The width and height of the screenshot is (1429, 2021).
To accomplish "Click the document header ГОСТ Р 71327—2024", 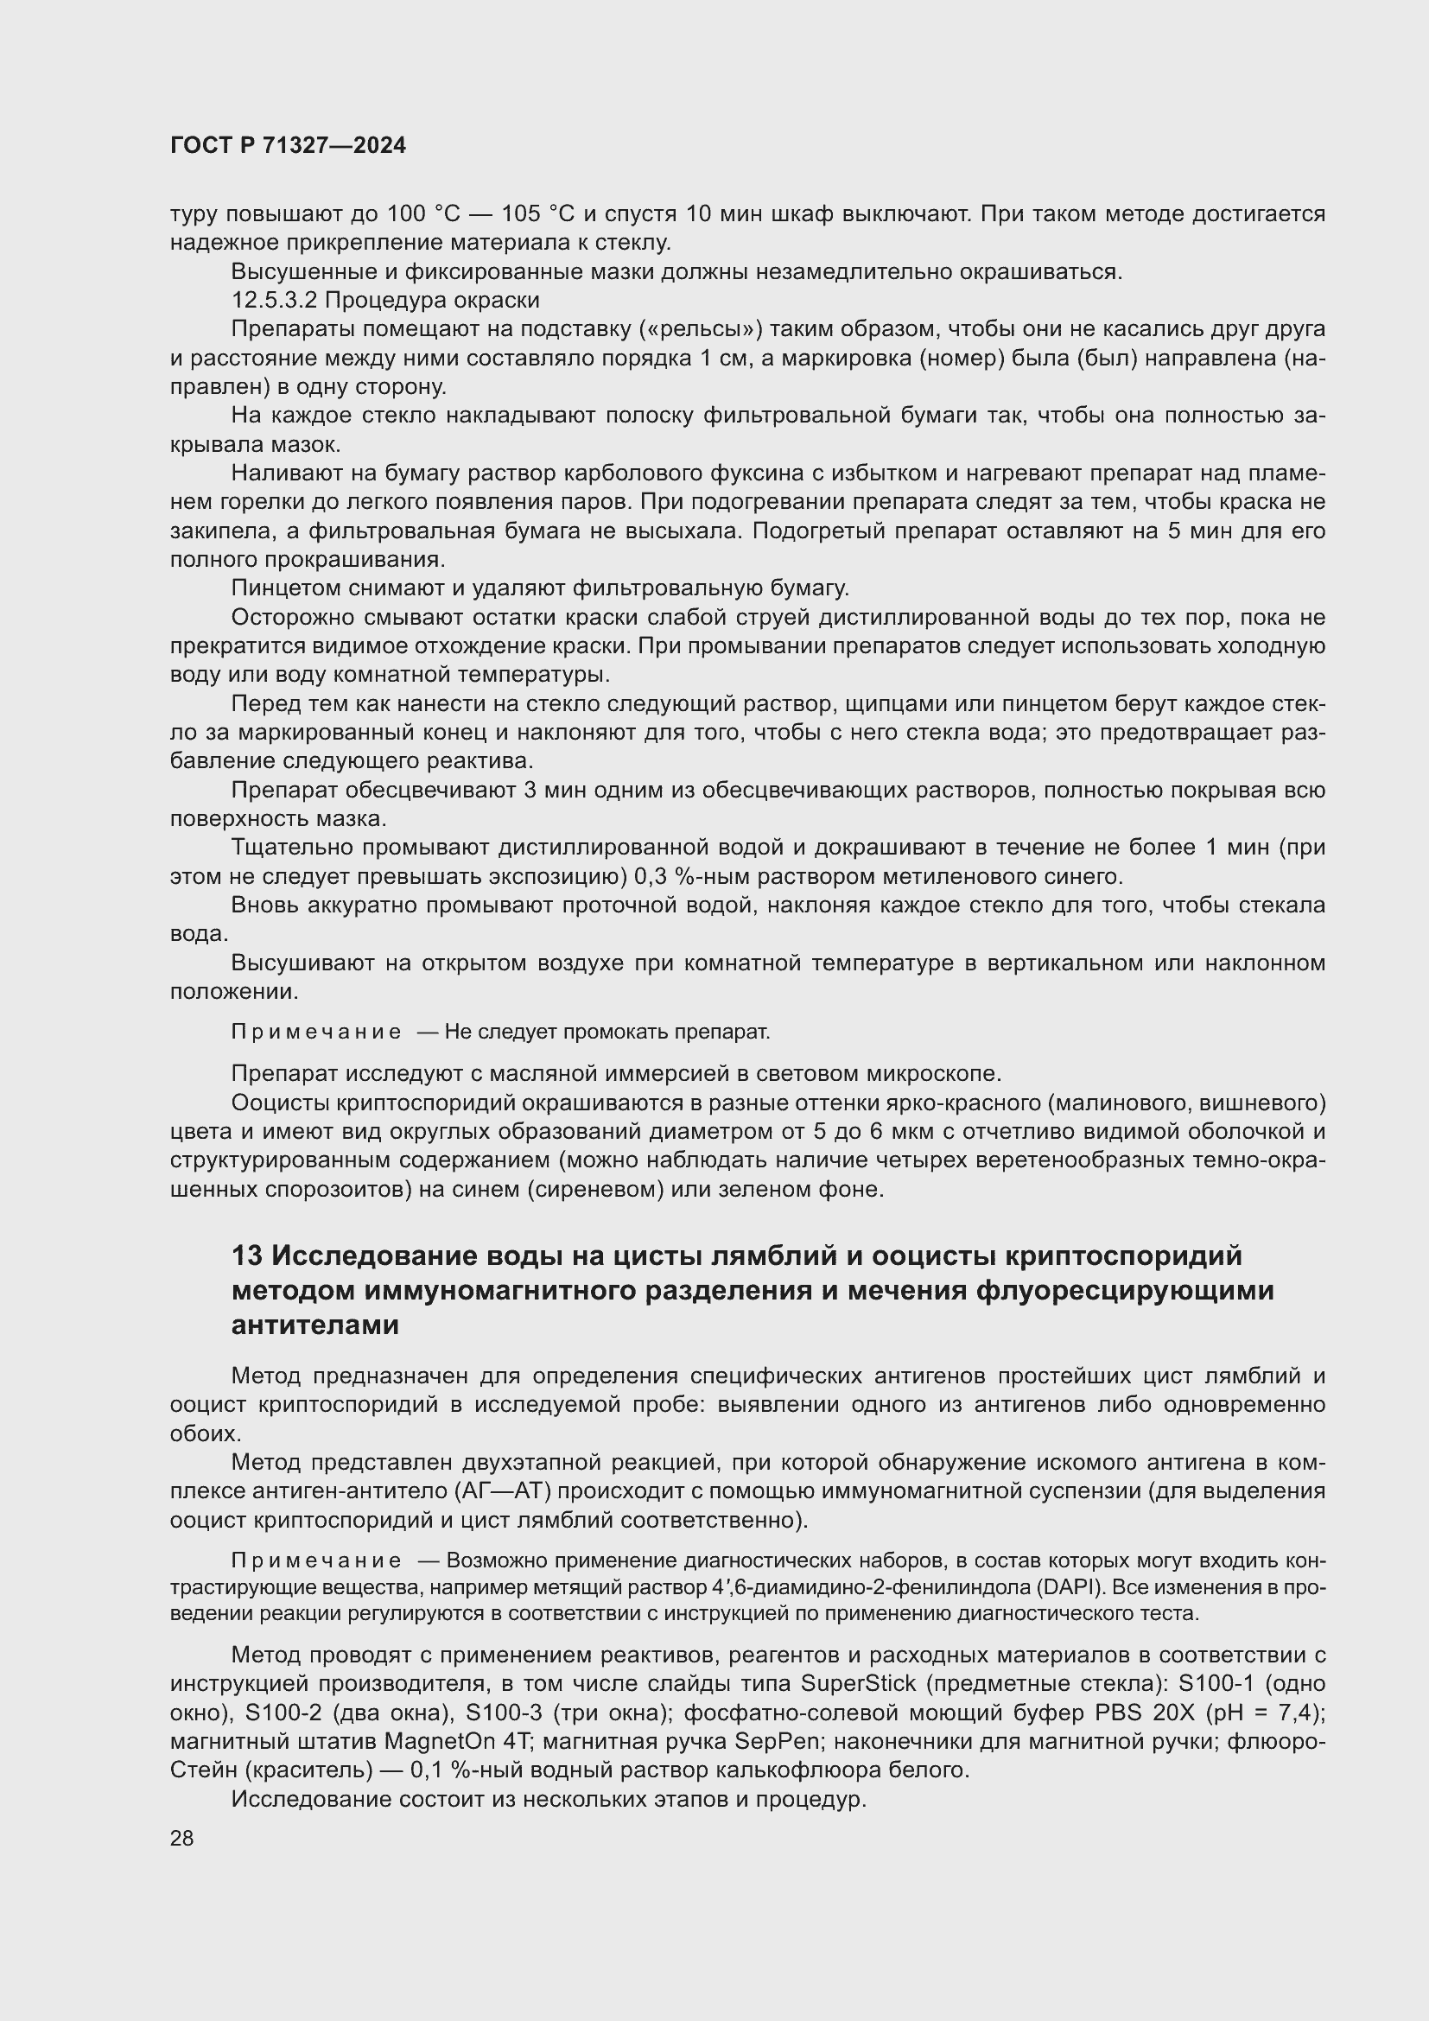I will coord(288,146).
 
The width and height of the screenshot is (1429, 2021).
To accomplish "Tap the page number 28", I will coord(182,1839).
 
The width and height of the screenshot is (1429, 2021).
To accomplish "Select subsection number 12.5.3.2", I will coord(274,300).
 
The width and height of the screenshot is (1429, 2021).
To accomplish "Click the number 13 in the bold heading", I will coord(247,1255).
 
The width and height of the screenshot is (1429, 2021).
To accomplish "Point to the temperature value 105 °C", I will coord(537,214).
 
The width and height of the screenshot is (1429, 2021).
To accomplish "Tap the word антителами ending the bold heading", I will coord(315,1325).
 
